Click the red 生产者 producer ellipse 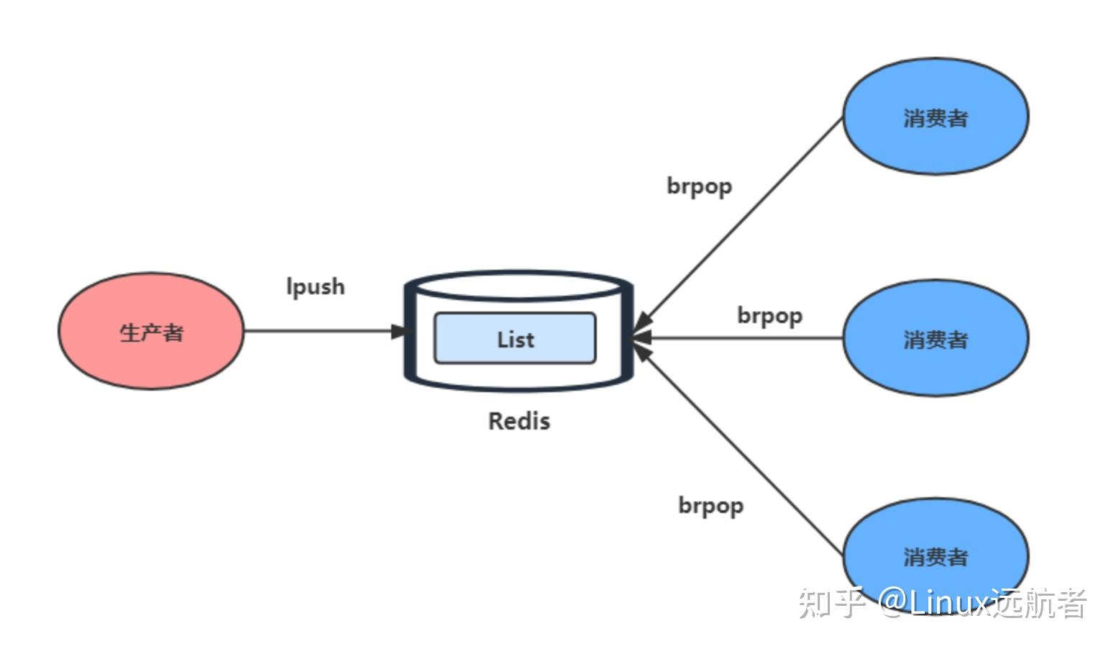pos(152,331)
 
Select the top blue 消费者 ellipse pos(936,116)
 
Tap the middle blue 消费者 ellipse pos(936,338)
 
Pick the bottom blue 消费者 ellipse pos(936,555)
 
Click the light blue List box pos(515,338)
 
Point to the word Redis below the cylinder pos(519,421)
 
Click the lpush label pos(316,287)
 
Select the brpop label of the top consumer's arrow pos(700,187)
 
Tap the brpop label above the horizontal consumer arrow pos(769,316)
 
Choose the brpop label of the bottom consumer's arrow pos(711,506)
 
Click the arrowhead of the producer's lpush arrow pos(401,331)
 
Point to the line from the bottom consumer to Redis pos(739,449)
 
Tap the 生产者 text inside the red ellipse pos(152,332)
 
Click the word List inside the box pos(516,340)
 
